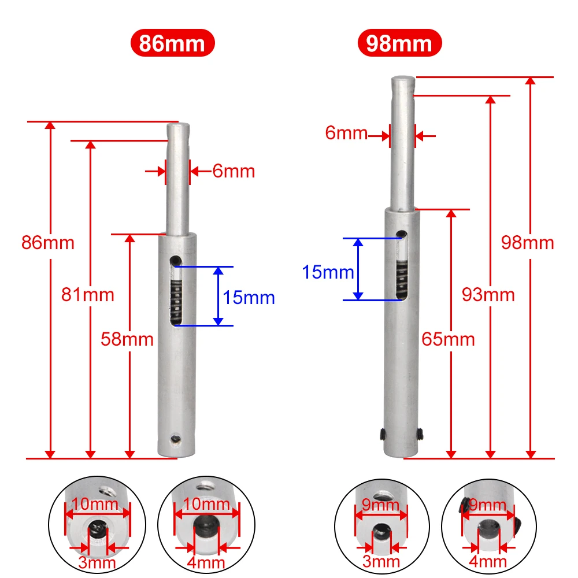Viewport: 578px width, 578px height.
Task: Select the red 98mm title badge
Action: tap(399, 44)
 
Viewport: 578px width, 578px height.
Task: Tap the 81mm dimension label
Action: tap(88, 295)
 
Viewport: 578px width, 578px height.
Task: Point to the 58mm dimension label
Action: tap(127, 339)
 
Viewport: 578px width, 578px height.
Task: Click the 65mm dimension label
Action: tap(449, 339)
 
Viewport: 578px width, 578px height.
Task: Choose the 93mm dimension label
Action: tap(488, 295)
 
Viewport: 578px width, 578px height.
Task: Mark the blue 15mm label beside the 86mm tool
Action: tap(249, 298)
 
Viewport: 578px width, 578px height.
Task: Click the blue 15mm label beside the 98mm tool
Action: tap(328, 271)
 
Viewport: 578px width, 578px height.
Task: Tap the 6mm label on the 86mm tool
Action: tap(234, 172)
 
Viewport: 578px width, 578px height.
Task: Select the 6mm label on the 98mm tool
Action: tap(346, 133)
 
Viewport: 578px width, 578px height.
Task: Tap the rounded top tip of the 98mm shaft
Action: tap(402, 80)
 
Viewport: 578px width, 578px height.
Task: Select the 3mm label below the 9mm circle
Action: tap(382, 561)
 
